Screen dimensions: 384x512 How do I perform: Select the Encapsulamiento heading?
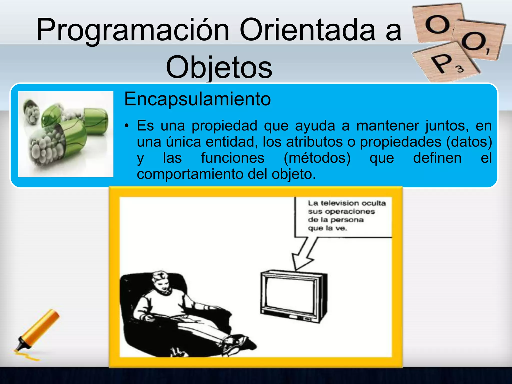click(x=197, y=99)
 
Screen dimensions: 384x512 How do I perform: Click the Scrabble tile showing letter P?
click(x=445, y=62)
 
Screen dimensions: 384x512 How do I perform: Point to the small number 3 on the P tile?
click(x=460, y=69)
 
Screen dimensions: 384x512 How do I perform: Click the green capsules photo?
click(x=66, y=134)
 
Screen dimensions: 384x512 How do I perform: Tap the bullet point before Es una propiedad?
click(x=127, y=126)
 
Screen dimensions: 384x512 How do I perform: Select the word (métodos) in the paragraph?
click(x=317, y=158)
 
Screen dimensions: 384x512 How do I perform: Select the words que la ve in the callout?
click(x=327, y=228)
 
